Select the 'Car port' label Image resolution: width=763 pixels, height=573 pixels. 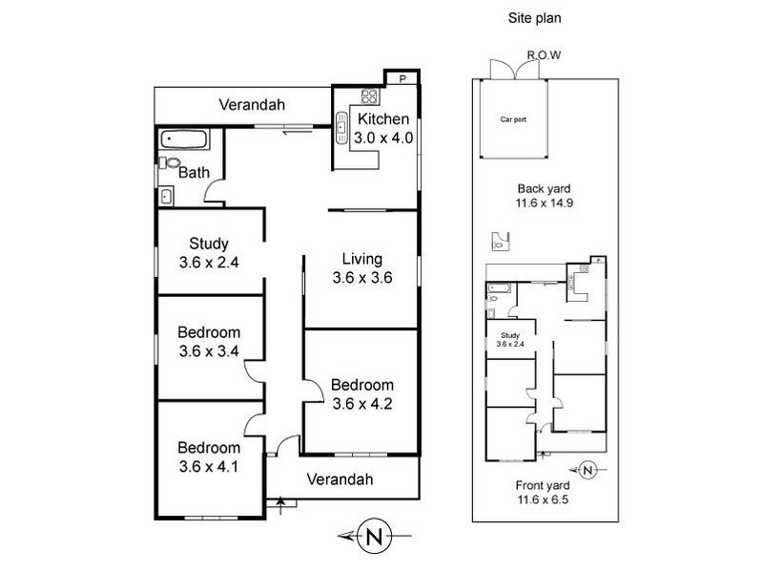513,120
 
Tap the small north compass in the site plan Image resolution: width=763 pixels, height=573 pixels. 588,469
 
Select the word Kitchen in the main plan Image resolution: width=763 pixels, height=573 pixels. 382,120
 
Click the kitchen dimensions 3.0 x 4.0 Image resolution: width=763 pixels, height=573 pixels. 382,138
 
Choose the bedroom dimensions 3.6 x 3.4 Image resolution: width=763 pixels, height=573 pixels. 207,350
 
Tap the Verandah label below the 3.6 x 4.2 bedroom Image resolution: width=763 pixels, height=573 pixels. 340,478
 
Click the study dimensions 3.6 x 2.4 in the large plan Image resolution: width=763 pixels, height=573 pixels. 207,260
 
